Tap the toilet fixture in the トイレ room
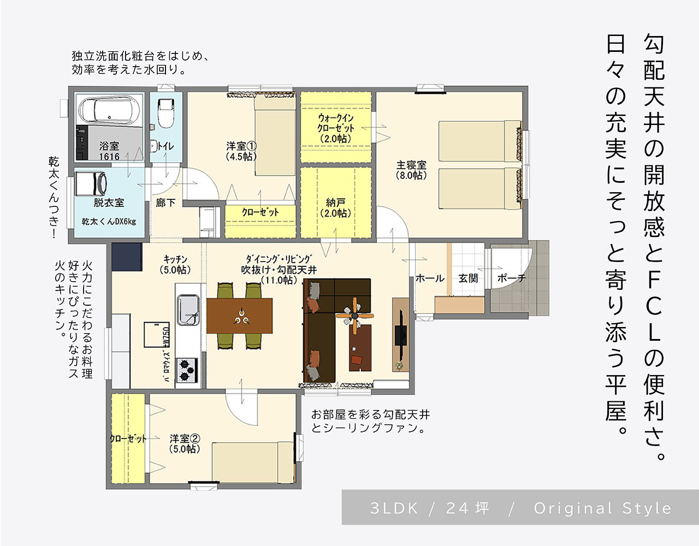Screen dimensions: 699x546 point(166,113)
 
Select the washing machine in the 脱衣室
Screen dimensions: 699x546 point(91,183)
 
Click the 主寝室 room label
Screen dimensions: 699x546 point(411,170)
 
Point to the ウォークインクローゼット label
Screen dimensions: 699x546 point(335,128)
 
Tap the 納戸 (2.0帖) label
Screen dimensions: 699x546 point(335,207)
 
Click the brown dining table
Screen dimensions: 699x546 point(239,316)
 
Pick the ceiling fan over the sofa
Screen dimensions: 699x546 point(354,316)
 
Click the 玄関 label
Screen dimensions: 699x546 point(468,278)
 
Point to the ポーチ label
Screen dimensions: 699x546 point(512,278)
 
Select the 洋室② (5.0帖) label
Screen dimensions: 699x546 point(185,444)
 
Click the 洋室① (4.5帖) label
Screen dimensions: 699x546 point(241,151)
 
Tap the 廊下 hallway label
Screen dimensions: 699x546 point(165,203)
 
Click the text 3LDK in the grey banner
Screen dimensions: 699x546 point(394,508)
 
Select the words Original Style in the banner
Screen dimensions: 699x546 point(602,509)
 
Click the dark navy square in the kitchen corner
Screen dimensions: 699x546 point(127,257)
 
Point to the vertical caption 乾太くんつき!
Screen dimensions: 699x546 point(54,198)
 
